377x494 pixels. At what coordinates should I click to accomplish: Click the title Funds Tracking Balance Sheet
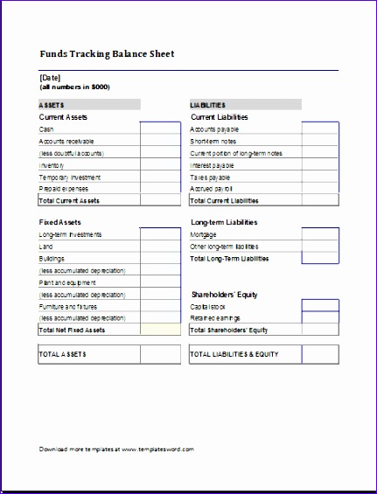tap(107, 53)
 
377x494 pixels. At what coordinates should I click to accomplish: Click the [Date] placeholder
tap(51, 78)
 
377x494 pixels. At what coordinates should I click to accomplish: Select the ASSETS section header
tap(52, 105)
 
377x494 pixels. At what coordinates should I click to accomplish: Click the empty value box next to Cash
tap(160, 129)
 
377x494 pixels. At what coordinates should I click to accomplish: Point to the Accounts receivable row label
tap(66, 141)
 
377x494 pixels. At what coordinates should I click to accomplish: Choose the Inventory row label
tap(52, 164)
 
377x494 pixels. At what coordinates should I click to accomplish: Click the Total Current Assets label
tap(69, 200)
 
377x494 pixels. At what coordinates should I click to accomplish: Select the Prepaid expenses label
tap(64, 188)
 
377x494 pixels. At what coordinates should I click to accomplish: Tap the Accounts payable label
tap(215, 129)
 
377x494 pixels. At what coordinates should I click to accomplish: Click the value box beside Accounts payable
tap(320, 129)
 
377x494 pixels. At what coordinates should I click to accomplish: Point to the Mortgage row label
tap(205, 234)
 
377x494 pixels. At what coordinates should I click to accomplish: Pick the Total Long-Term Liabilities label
tap(229, 259)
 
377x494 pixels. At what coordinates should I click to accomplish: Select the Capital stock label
tap(208, 307)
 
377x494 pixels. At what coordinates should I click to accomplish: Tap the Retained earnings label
tap(215, 318)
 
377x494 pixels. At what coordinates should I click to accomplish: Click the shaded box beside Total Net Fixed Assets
tap(160, 330)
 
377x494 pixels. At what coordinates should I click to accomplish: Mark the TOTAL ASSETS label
tap(63, 354)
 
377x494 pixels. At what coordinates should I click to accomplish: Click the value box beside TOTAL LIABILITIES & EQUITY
tap(320, 354)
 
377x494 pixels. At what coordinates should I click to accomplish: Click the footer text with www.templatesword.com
tap(116, 449)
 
